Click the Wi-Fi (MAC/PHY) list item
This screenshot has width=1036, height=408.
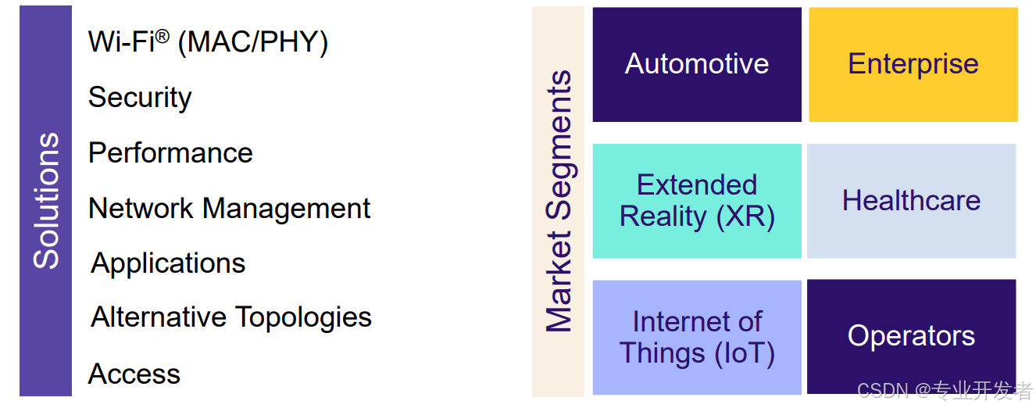click(x=208, y=42)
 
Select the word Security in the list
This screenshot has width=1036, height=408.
click(x=140, y=98)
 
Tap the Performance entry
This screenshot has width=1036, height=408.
click(x=170, y=153)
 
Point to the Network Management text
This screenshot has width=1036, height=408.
click(x=229, y=209)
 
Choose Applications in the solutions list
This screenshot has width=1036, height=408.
click(x=168, y=263)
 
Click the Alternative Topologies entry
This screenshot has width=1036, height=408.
click(x=231, y=317)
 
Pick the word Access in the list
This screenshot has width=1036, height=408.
click(x=134, y=374)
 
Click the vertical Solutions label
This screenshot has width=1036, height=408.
click(x=46, y=201)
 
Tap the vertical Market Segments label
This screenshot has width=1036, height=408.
click(x=559, y=202)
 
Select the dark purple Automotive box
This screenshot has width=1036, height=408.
click(x=697, y=64)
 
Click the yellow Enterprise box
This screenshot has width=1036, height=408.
click(x=913, y=64)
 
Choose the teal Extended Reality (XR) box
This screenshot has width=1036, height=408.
click(x=697, y=201)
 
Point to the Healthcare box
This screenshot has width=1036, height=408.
click(x=911, y=201)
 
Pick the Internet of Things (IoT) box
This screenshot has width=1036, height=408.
click(x=697, y=337)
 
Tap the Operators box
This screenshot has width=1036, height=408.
click(x=911, y=336)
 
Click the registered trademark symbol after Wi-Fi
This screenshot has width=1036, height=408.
click(x=162, y=35)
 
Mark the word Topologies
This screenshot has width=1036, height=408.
click(x=303, y=317)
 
